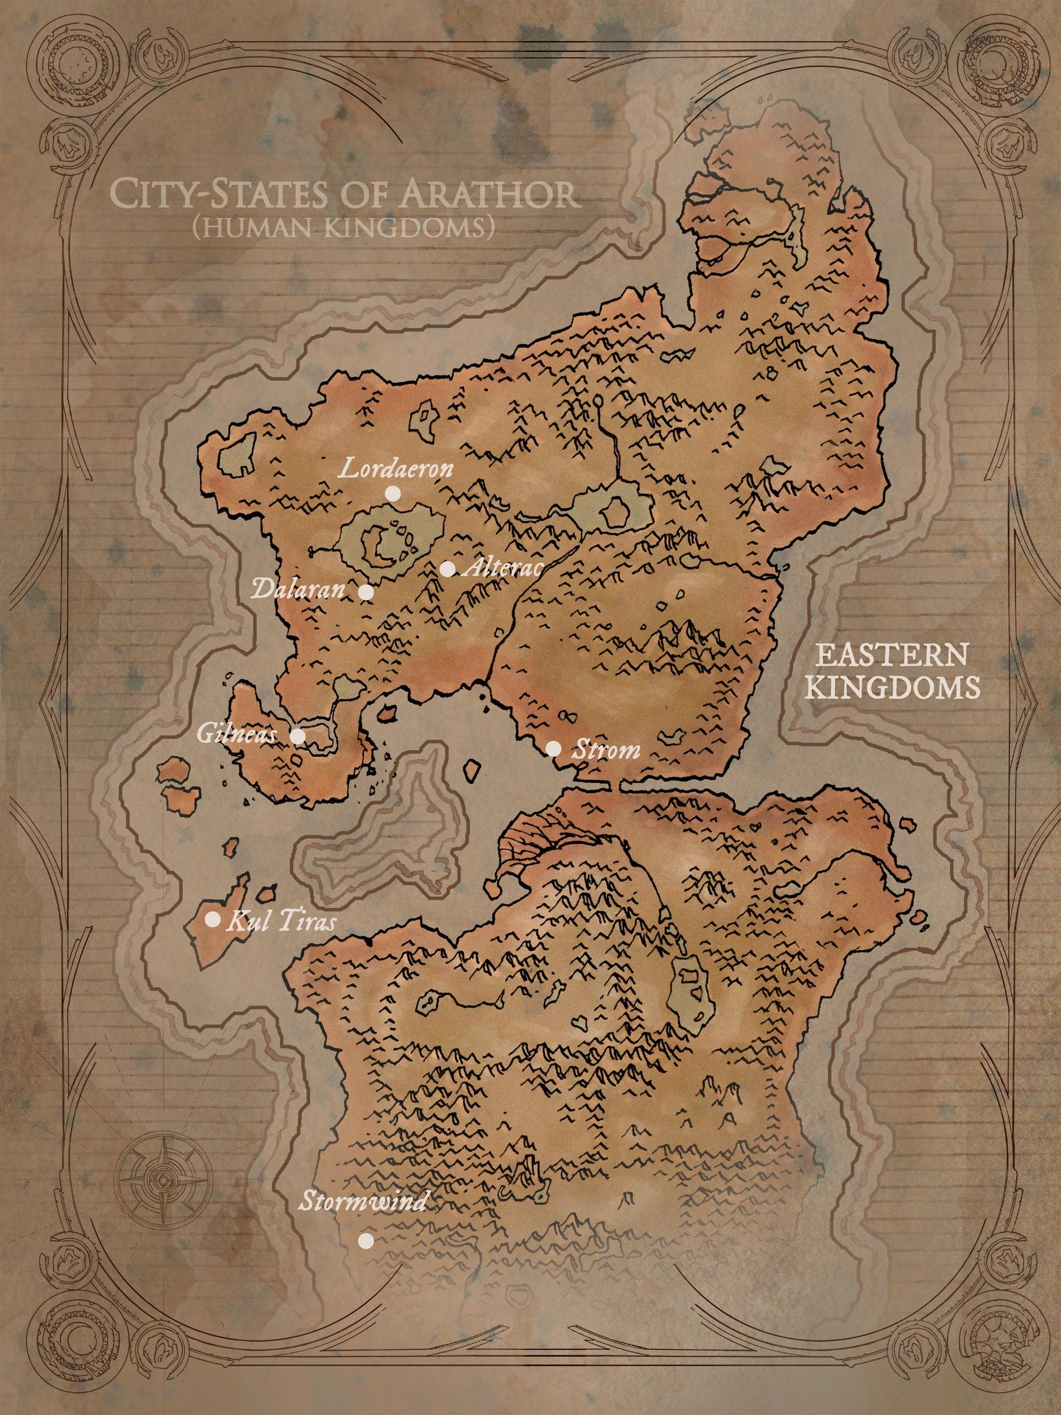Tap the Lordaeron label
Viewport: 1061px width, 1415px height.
[x=396, y=469]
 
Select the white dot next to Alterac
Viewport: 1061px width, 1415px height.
[x=448, y=569]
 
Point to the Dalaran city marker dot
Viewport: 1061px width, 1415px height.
[x=366, y=592]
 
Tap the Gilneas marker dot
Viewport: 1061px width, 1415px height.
[x=298, y=736]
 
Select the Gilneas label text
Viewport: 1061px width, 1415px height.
[x=236, y=734]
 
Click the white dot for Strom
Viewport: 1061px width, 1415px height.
[x=554, y=749]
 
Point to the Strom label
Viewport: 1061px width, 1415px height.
[x=604, y=749]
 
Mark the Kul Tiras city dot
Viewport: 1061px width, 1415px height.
[x=212, y=919]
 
